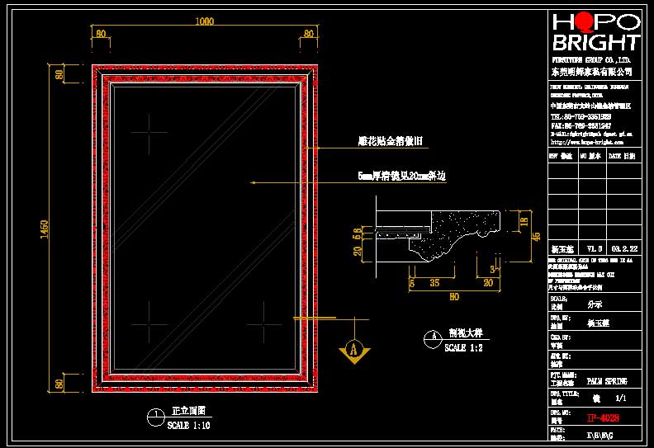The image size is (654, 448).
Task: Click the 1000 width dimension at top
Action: (204, 22)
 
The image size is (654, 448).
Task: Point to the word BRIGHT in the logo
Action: (595, 43)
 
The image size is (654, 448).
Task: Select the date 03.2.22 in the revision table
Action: (623, 248)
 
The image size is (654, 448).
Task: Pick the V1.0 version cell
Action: (594, 248)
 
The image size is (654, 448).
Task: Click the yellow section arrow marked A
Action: (353, 349)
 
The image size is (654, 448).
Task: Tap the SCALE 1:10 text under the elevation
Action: (189, 426)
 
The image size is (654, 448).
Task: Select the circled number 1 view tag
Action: (153, 417)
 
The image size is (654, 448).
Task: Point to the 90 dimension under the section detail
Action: (453, 298)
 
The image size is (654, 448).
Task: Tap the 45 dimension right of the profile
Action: (535, 237)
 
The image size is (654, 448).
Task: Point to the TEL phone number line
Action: (581, 116)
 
